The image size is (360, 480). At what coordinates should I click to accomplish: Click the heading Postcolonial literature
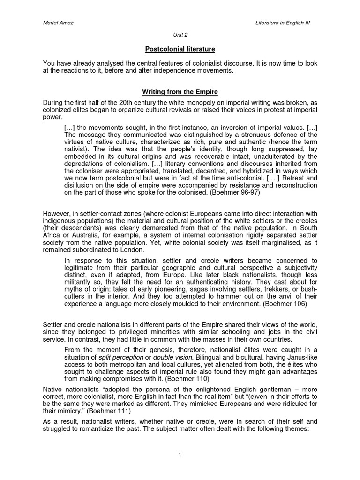(x=180, y=49)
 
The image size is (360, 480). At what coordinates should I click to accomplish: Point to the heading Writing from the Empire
(x=180, y=93)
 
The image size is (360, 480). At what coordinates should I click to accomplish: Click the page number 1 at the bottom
(x=180, y=455)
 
